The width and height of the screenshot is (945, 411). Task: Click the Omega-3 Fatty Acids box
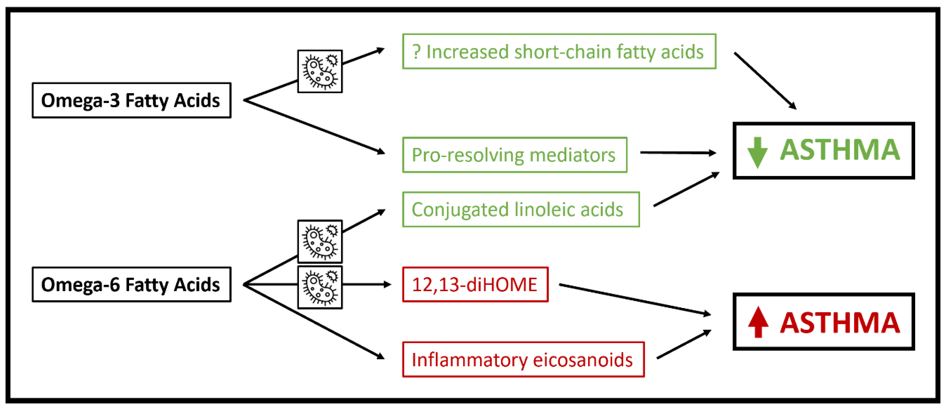pos(131,100)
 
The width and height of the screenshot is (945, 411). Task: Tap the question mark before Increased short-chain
pos(416,52)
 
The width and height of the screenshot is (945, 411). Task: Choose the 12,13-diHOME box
pos(475,284)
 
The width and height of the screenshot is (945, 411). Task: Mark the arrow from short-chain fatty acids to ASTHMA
pos(765,81)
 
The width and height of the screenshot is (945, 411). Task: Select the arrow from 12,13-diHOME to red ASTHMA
pos(635,299)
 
